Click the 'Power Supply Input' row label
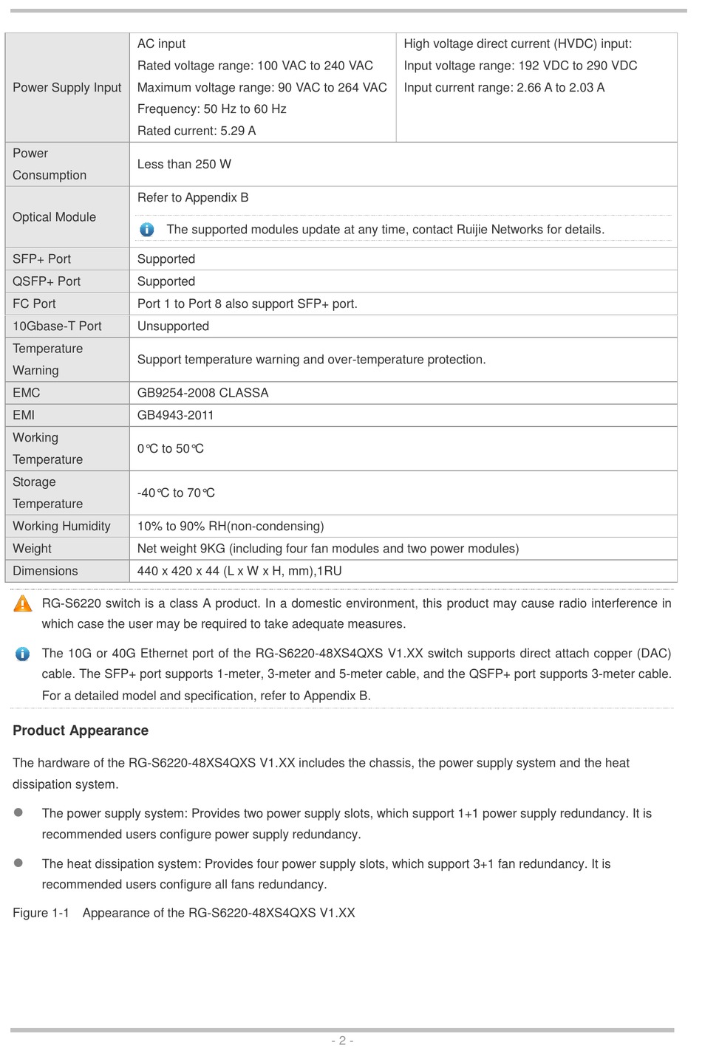[x=67, y=87]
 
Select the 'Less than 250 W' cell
[x=184, y=164]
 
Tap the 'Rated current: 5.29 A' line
[x=197, y=131]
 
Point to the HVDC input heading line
[x=517, y=44]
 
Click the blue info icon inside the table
[x=147, y=230]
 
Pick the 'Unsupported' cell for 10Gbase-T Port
[x=173, y=326]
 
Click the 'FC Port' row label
[x=34, y=304]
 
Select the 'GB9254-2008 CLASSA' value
[x=202, y=393]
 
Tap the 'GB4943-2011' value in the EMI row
[x=175, y=415]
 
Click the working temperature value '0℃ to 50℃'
[x=171, y=448]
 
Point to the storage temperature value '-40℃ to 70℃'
[x=176, y=493]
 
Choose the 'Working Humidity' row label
[x=61, y=526]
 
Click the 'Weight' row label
[x=32, y=549]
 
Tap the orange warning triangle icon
[x=23, y=604]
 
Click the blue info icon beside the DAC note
[x=23, y=654]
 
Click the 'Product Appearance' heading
[x=81, y=730]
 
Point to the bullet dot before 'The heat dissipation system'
[x=18, y=863]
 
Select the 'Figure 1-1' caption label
[x=41, y=913]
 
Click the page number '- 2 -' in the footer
[x=342, y=1040]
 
